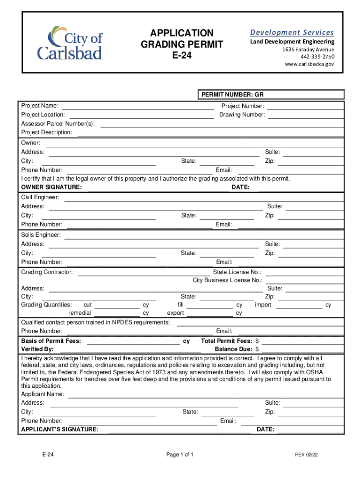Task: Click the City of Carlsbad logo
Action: pos(70,43)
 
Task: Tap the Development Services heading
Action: pos(292,32)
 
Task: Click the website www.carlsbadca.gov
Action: pos(310,65)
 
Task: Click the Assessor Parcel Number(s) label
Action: pos(58,124)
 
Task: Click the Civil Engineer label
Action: pos(40,197)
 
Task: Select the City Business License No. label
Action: pos(228,280)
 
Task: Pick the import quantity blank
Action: pos(299,305)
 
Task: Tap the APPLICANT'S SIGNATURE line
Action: pos(180,429)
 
